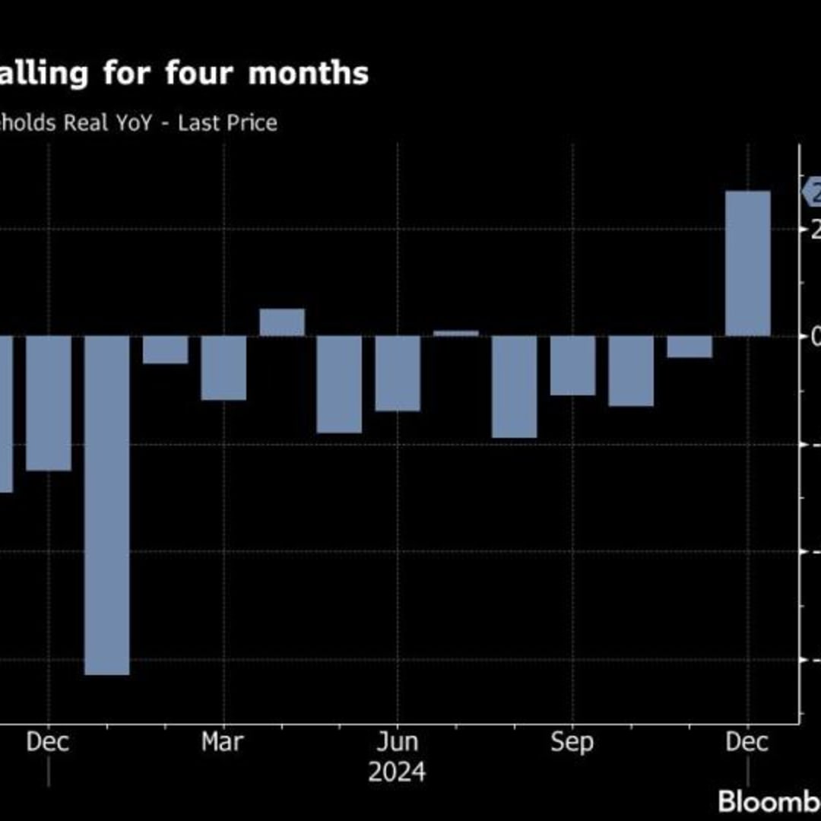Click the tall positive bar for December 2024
click(748, 263)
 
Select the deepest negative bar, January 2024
click(106, 505)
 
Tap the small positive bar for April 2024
click(282, 322)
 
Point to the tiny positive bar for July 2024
click(456, 333)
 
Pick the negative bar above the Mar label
click(223, 368)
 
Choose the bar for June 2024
click(398, 373)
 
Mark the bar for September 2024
click(572, 366)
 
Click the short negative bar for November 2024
click(689, 347)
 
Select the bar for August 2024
click(514, 387)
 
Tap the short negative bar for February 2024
click(165, 350)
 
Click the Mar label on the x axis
click(223, 742)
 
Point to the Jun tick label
click(398, 742)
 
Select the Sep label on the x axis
click(572, 742)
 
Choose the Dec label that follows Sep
click(748, 742)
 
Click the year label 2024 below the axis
click(397, 772)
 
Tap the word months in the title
click(309, 74)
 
